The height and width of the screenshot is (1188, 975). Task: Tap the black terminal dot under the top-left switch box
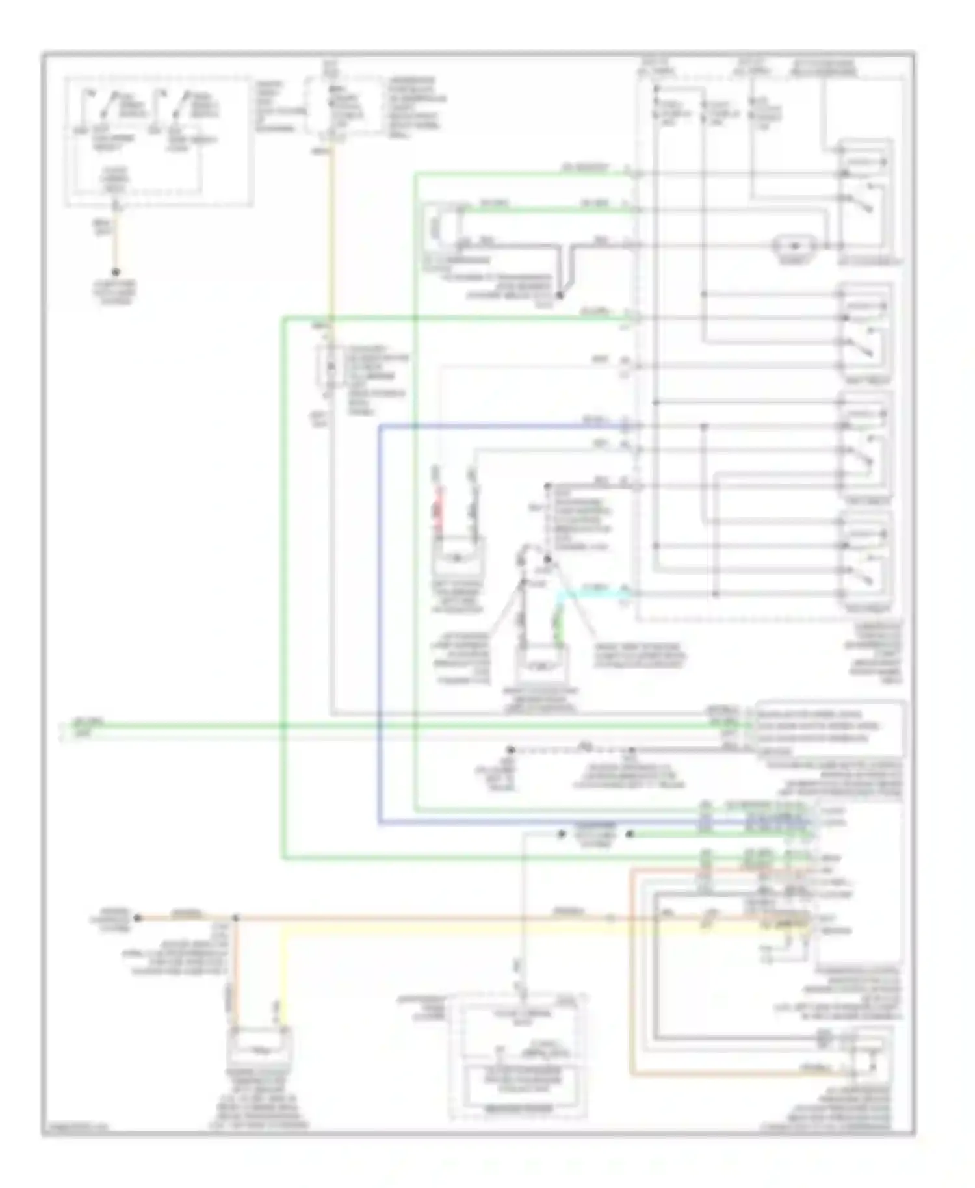(x=116, y=272)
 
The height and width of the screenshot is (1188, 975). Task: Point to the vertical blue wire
(x=380, y=624)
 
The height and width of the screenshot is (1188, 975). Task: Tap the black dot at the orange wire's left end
(x=137, y=918)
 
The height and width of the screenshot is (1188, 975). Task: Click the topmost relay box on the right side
(x=865, y=198)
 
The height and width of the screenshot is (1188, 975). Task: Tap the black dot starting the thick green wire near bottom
(x=629, y=834)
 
